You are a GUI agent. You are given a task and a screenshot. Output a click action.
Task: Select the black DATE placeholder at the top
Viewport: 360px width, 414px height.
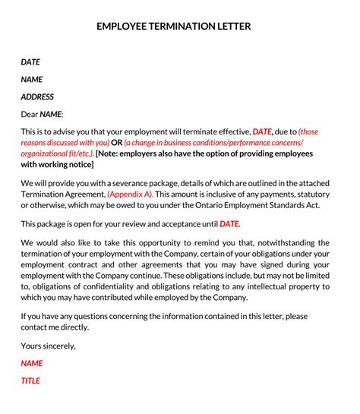[30, 62]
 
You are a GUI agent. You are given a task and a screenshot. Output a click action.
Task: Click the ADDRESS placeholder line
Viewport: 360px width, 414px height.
[37, 96]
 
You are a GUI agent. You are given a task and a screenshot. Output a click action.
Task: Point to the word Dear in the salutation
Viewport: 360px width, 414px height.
[29, 114]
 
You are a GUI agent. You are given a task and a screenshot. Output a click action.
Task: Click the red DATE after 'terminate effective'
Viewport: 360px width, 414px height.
[262, 131]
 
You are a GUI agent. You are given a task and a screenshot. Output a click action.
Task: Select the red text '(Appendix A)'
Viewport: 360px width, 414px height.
[129, 194]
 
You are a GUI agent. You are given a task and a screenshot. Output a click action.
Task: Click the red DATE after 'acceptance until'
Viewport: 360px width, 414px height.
[229, 224]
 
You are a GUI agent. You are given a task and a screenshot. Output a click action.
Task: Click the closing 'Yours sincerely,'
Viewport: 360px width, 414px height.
[49, 346]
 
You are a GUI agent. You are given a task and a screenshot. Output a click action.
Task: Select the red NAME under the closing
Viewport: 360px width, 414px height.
[31, 363]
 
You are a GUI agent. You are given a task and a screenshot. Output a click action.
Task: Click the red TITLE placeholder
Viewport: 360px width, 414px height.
[30, 381]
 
